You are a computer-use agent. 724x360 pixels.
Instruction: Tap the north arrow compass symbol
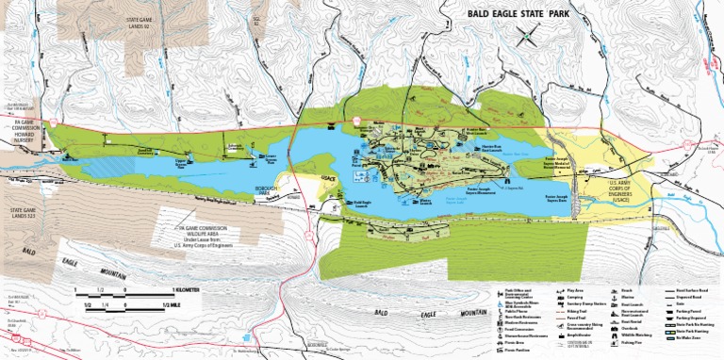coord(533,38)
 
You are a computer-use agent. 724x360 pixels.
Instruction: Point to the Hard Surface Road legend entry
coord(693,291)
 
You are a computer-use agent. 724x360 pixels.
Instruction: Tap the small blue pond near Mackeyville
coord(245,335)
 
